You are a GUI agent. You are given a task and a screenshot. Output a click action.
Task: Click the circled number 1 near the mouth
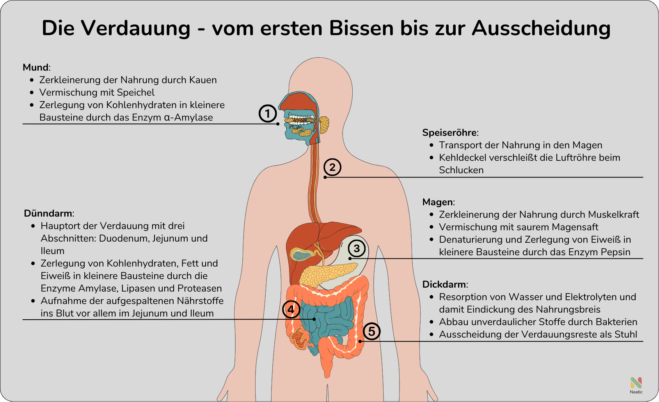tap(268, 114)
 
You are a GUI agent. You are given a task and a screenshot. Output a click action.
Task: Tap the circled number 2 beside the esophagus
tap(332, 167)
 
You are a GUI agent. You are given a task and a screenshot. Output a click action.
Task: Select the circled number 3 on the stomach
tap(357, 248)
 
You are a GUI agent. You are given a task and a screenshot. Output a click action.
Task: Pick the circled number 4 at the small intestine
tap(291, 310)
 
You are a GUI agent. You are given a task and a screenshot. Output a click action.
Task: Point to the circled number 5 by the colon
tap(371, 331)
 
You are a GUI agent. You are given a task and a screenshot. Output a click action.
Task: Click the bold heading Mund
tap(36, 67)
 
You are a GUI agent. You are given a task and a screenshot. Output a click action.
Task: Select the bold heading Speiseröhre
tap(449, 133)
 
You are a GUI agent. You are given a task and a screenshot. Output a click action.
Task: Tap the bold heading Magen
tap(438, 202)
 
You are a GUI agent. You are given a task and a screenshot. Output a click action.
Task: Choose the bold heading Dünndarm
tap(48, 213)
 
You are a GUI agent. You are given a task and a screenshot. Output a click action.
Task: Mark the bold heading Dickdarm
tap(444, 285)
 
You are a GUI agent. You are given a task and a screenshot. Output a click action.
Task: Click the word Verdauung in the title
tap(136, 28)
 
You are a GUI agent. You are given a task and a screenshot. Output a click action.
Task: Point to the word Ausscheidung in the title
tap(541, 28)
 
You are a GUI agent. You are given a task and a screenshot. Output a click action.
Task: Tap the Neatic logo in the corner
tap(636, 384)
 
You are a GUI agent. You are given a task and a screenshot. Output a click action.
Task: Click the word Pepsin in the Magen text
tap(615, 252)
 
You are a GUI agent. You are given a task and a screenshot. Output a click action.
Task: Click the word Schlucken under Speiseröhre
tap(461, 170)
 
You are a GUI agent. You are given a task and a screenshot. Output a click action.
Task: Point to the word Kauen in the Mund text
tap(203, 80)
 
